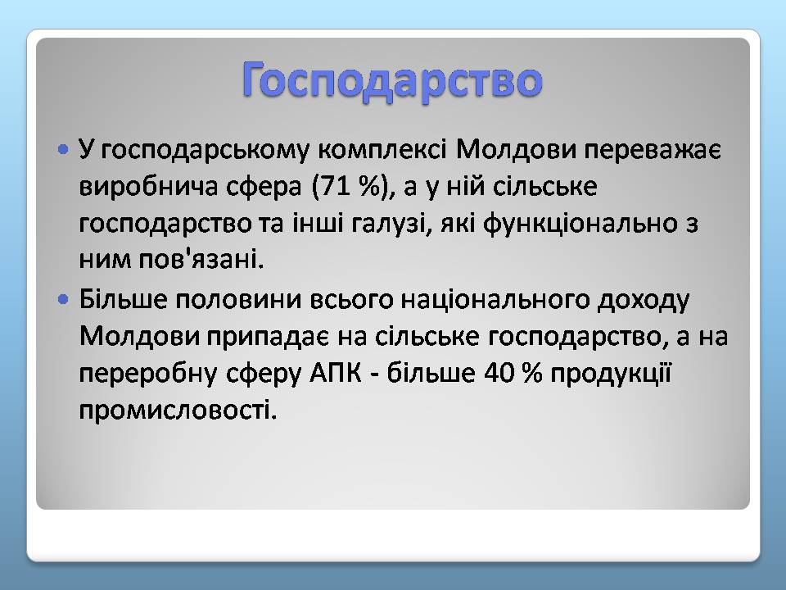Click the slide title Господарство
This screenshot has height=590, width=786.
392,80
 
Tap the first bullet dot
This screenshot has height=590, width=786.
63,149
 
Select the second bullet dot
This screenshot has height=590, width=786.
63,300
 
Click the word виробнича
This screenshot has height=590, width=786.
148,187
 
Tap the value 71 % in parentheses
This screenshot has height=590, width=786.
350,187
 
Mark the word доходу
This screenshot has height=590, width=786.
644,301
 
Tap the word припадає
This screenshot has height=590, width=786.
268,337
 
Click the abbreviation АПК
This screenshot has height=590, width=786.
336,374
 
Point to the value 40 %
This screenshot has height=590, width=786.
513,374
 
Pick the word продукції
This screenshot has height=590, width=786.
611,374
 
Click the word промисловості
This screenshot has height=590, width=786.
178,411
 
